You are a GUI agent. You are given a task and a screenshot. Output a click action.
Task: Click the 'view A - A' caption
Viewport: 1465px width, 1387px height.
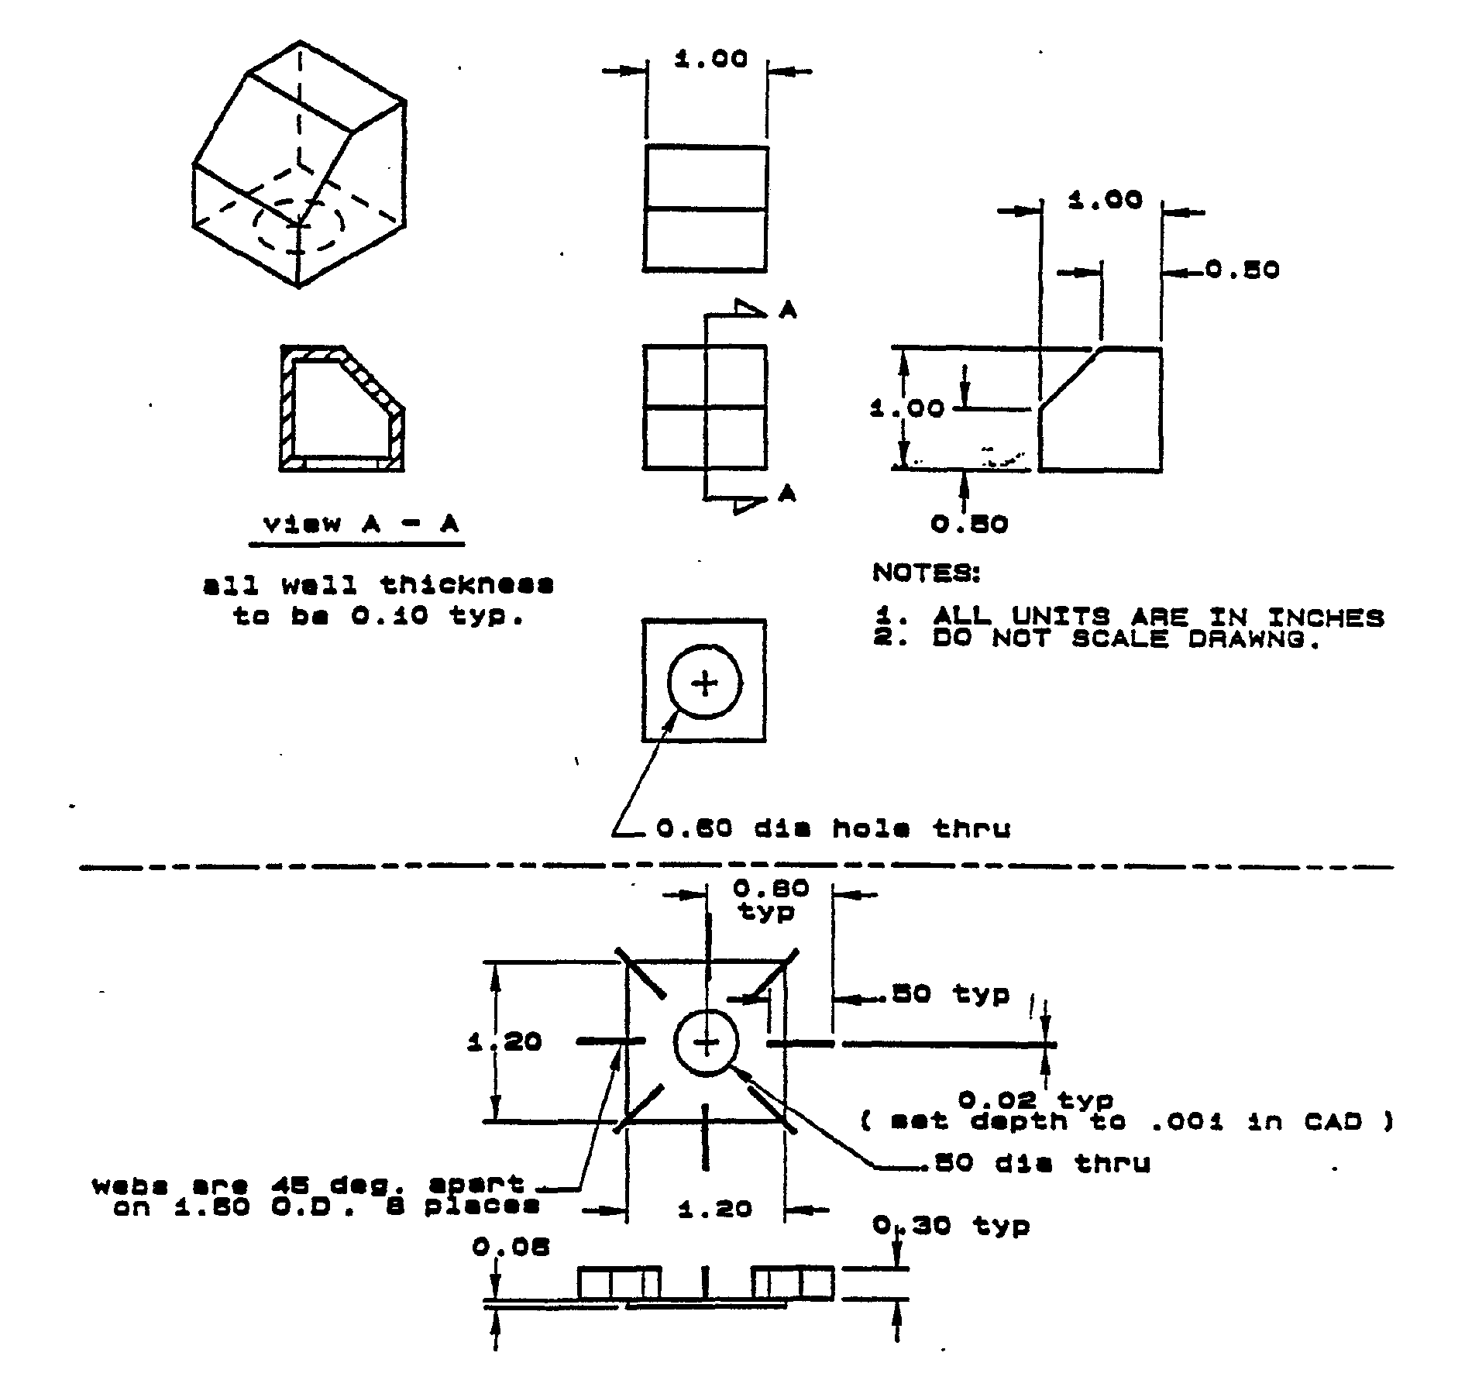(360, 525)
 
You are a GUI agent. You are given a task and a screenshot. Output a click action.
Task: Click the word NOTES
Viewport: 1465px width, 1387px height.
(927, 573)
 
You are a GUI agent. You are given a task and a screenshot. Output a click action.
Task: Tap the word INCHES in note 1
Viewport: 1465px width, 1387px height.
(1326, 618)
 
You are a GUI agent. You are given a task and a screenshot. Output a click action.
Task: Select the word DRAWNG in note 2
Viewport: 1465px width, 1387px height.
(1254, 639)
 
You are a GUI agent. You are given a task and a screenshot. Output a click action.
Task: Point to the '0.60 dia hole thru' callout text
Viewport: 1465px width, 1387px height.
(834, 829)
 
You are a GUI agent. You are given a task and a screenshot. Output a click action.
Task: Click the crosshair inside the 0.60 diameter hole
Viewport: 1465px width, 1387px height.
(704, 683)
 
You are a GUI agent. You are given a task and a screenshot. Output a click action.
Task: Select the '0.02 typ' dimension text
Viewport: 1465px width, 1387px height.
(1036, 1100)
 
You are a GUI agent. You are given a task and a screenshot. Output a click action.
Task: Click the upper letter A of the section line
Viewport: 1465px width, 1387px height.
(788, 311)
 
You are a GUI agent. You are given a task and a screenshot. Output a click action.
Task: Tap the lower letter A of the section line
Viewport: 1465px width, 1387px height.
(787, 493)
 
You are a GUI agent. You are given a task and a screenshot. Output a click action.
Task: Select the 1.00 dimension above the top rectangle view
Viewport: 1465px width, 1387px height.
(710, 60)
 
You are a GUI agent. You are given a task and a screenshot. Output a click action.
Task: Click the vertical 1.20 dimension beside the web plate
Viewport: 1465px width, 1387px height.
(504, 1041)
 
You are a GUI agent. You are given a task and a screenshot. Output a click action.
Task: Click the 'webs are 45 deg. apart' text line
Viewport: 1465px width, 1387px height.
(308, 1185)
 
